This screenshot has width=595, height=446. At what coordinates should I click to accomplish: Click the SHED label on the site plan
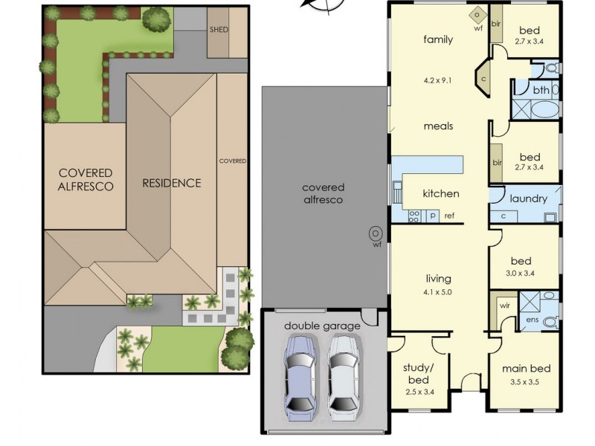coord(219,30)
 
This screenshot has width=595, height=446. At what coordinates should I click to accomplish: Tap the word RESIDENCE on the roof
coord(172,183)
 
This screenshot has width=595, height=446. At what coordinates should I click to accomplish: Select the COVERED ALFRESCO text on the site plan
coord(87,179)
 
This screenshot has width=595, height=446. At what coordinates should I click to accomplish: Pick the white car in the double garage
coord(344,375)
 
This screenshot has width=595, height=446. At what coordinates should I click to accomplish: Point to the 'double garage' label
coord(322,326)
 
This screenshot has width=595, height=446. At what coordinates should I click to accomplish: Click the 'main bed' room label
coord(526,369)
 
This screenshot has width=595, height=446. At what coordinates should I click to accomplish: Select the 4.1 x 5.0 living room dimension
coord(438,292)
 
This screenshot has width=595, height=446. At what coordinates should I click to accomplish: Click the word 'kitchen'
coord(441,194)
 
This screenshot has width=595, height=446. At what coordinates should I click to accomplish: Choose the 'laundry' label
coord(528,199)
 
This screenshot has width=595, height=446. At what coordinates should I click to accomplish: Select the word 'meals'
coord(438,126)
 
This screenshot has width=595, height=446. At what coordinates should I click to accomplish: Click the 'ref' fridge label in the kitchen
coord(450,216)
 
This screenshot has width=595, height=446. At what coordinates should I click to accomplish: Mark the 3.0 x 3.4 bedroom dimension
coord(520,273)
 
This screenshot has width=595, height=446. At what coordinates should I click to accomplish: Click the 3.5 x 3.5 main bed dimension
coord(526,381)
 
